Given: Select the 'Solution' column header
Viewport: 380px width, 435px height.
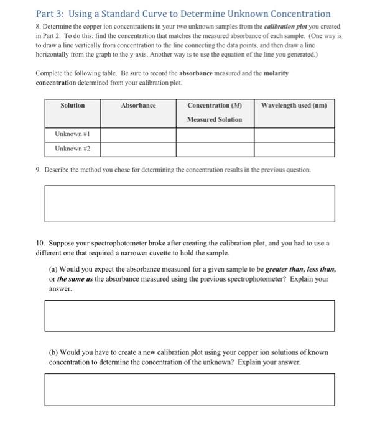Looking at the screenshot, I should click(73, 105).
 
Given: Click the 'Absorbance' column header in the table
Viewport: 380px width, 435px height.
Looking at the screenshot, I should click(138, 105).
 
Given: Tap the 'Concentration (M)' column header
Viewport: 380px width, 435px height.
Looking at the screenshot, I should click(215, 105).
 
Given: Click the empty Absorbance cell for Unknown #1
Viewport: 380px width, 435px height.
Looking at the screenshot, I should click(138, 134).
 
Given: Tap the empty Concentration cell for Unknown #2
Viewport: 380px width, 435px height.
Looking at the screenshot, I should click(215, 149).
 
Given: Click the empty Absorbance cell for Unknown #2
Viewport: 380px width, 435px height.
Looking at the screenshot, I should click(138, 149).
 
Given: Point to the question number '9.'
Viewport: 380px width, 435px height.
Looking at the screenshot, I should click(38, 169).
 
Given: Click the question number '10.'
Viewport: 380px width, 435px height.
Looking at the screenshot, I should click(40, 244).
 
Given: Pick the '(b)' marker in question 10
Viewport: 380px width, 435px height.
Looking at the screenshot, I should click(53, 352).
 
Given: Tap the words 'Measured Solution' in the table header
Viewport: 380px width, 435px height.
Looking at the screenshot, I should click(215, 119).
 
